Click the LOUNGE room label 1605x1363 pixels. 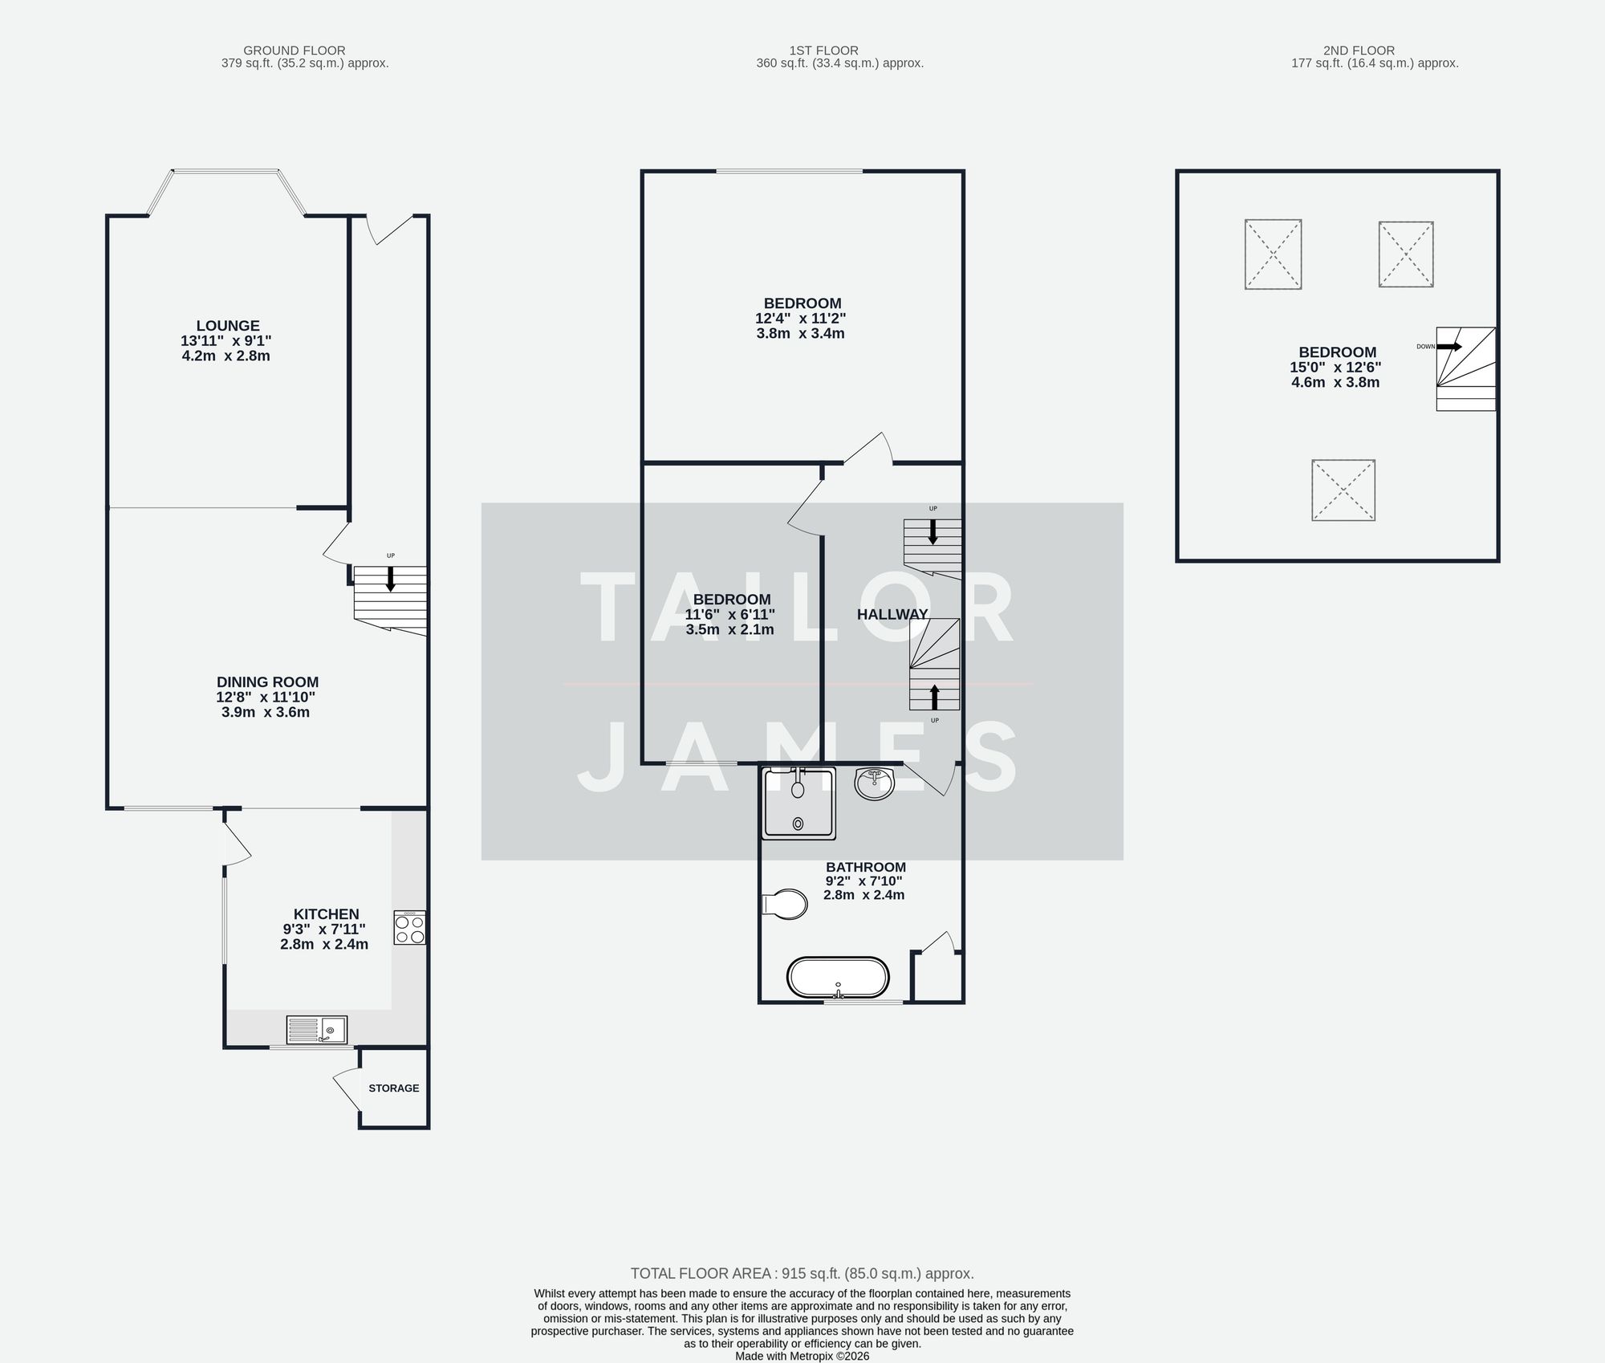tap(227, 326)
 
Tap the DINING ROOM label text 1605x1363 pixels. tap(267, 682)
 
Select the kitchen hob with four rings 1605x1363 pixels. tap(409, 929)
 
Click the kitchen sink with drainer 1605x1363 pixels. tap(317, 1029)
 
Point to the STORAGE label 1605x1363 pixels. tap(393, 1088)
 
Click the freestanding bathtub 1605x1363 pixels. tap(838, 978)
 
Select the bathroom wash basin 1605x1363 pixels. tap(874, 783)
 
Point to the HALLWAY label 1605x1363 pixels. tap(892, 615)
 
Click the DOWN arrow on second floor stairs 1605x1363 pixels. tap(1449, 347)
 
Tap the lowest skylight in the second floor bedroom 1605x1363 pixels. tap(1343, 490)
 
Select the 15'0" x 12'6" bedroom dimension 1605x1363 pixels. tap(1335, 368)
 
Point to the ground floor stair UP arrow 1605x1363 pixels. tap(391, 579)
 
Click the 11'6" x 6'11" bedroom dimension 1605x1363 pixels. tap(729, 615)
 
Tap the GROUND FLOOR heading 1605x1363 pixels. tap(295, 51)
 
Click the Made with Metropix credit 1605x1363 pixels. tap(802, 1357)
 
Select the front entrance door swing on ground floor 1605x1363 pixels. tap(389, 229)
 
